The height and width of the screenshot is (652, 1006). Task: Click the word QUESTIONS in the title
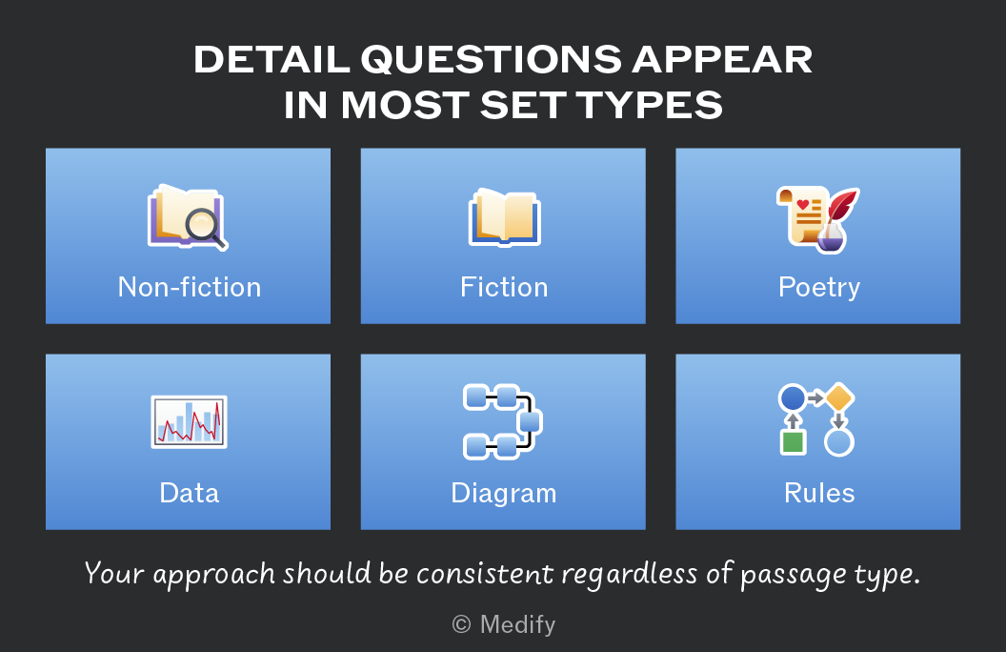tap(492, 60)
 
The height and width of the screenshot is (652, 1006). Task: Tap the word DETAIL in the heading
tap(272, 60)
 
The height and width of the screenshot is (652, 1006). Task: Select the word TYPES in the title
tap(650, 105)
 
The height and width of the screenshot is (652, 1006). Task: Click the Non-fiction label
tap(190, 287)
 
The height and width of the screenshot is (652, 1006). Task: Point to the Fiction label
tap(504, 287)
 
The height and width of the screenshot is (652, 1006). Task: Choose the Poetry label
tap(818, 288)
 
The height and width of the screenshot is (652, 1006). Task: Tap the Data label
tap(190, 493)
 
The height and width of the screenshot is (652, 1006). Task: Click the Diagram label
tap(504, 494)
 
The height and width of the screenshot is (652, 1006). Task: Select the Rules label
tap(819, 493)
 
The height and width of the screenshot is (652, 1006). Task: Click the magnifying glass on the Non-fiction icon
tap(204, 228)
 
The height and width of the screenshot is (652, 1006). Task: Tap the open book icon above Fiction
tap(505, 217)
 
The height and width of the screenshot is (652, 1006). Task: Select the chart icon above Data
tap(190, 421)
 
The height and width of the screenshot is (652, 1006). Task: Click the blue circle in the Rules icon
tap(793, 397)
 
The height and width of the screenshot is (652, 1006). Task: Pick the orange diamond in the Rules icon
tap(838, 397)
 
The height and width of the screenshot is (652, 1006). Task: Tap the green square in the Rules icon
tap(793, 442)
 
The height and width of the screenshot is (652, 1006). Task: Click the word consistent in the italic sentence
tap(485, 573)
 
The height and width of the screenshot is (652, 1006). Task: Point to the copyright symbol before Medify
tap(461, 623)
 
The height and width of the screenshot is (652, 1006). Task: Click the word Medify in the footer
tap(517, 624)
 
